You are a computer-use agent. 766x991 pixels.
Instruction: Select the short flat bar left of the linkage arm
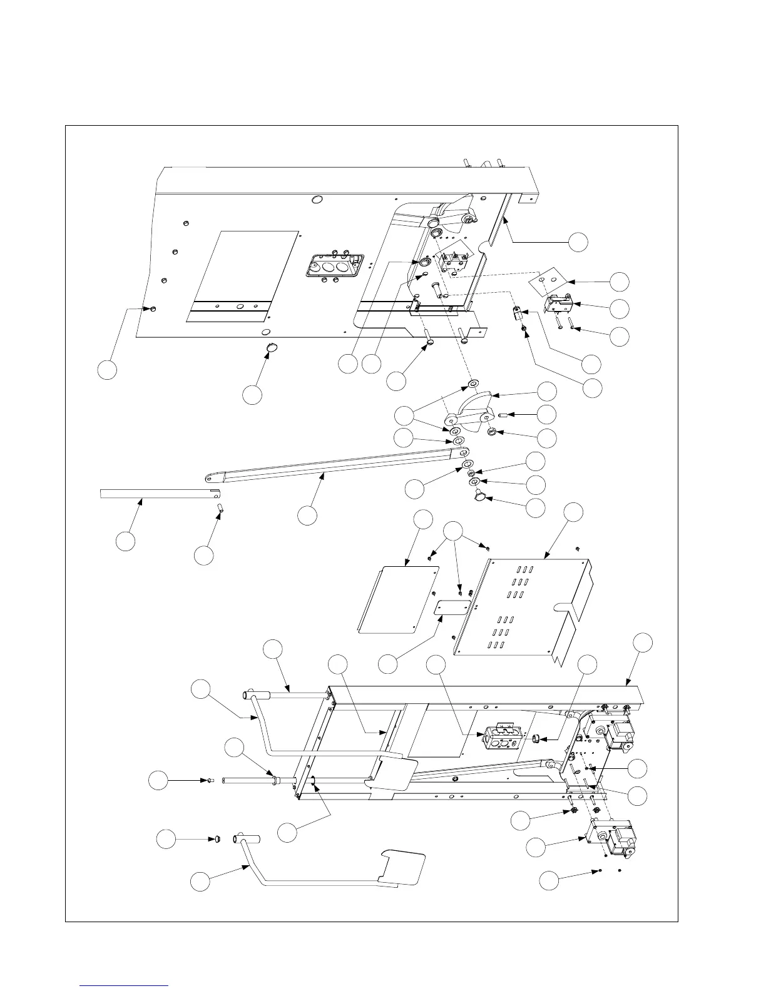pyautogui.click(x=156, y=494)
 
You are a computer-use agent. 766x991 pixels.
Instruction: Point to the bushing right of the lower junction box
pyautogui.click(x=536, y=740)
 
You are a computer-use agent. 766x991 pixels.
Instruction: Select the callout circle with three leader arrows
pyautogui.click(x=455, y=530)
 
